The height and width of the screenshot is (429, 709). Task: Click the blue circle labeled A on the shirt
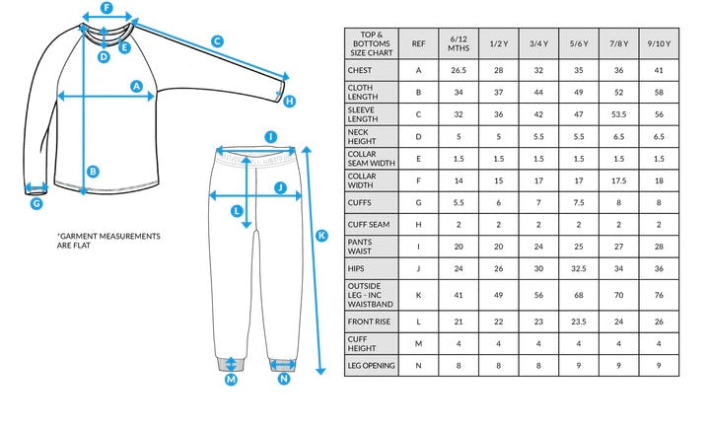[136, 86]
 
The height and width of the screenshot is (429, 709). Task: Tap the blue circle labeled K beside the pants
[321, 235]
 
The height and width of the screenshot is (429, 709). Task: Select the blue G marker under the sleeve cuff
[36, 203]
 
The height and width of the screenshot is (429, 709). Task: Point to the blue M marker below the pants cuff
[231, 379]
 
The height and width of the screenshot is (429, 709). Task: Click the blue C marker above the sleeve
[218, 41]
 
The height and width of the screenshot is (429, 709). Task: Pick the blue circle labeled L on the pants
[237, 211]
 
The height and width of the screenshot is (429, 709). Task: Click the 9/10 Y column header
[659, 43]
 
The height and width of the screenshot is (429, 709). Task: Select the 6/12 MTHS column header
[459, 43]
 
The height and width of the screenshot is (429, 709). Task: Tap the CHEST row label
[360, 70]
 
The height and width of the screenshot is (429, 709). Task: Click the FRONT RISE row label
[369, 322]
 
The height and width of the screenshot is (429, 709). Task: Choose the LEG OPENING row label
[371, 365]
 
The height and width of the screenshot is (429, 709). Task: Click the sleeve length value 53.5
[618, 114]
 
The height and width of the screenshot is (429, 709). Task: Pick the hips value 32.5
[579, 268]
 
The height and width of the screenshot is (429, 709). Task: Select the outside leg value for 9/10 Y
[659, 295]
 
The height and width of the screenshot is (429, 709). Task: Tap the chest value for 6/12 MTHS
[459, 70]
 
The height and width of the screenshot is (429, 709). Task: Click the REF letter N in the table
[418, 365]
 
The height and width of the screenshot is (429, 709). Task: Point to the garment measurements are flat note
[108, 241]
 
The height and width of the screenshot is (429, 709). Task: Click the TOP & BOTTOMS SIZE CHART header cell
[371, 43]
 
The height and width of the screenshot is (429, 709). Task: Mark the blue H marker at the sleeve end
[289, 101]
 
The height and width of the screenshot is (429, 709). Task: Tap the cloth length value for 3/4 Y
[538, 93]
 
